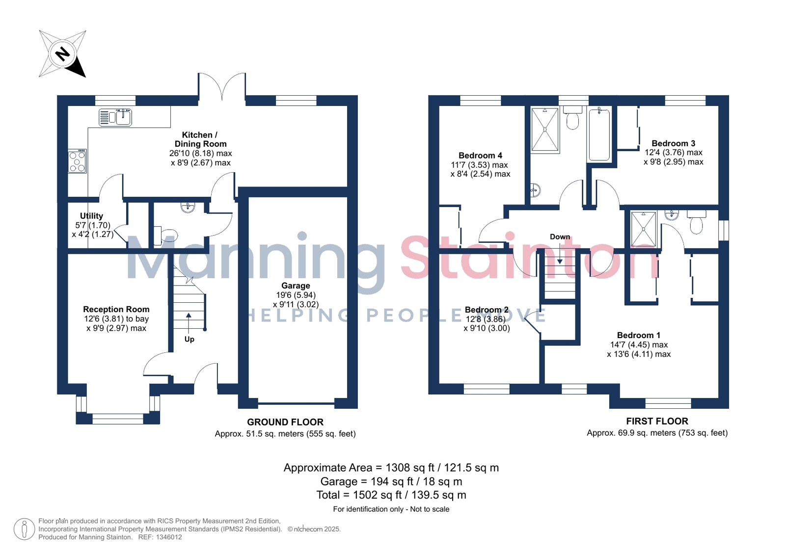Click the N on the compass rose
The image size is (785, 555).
[63, 54]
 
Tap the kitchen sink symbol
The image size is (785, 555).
[115, 117]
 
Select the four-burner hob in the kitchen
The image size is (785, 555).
[78, 161]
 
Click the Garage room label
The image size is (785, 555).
[296, 286]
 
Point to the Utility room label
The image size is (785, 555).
[91, 216]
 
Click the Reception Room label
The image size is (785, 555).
[116, 309]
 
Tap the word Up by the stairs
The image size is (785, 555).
[189, 339]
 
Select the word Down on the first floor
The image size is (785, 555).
[560, 237]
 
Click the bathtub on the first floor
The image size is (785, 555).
[599, 134]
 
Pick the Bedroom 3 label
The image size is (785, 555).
[673, 143]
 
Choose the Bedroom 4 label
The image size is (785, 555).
[480, 155]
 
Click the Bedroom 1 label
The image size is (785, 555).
[639, 335]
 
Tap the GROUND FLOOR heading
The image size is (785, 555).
[285, 422]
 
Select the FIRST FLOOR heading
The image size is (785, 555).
[657, 421]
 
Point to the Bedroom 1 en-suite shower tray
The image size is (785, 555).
[644, 230]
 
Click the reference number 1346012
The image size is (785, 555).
[169, 537]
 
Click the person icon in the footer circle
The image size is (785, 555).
[24, 529]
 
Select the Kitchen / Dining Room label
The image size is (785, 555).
[200, 139]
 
